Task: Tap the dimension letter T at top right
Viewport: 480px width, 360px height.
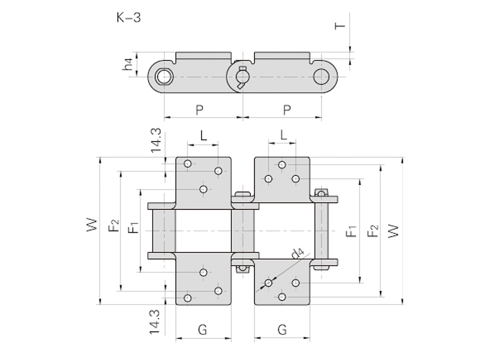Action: pyautogui.click(x=340, y=26)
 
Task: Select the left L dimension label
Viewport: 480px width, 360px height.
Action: pyautogui.click(x=203, y=136)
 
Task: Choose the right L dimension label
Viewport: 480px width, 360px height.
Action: pyautogui.click(x=284, y=136)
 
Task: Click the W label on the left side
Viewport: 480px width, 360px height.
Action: pyautogui.click(x=91, y=226)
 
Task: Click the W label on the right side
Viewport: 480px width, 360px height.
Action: pyautogui.click(x=393, y=230)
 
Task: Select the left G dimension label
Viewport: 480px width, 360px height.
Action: pyautogui.click(x=202, y=329)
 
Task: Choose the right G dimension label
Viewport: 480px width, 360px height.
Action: pyautogui.click(x=282, y=329)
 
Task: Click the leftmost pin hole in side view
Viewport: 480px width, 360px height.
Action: pyautogui.click(x=163, y=77)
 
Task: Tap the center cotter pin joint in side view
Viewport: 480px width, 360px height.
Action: pyautogui.click(x=242, y=77)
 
